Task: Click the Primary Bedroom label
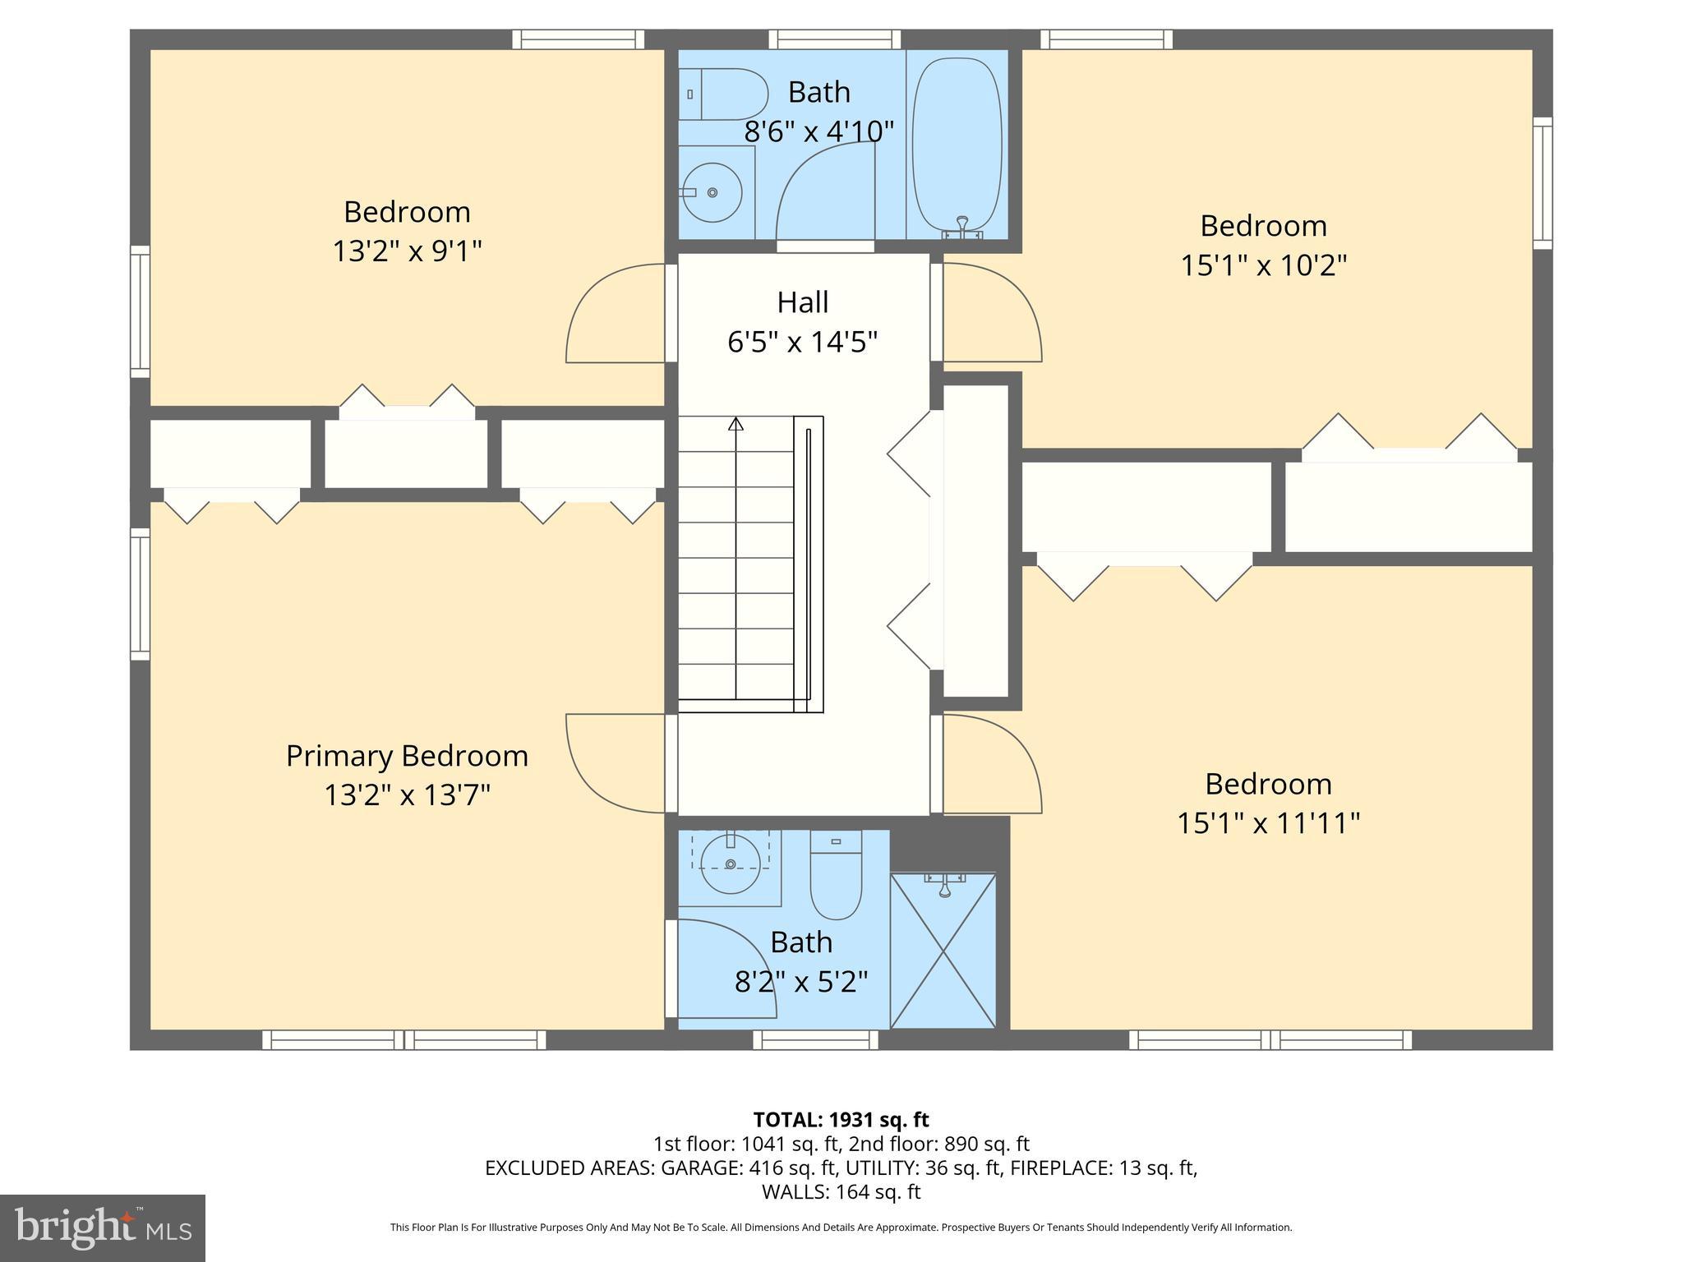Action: click(407, 756)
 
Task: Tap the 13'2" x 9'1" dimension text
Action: click(407, 251)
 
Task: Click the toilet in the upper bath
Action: click(723, 94)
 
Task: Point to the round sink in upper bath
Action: click(712, 192)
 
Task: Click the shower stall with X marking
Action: click(943, 951)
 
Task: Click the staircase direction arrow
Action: click(735, 425)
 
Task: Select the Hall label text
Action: click(803, 302)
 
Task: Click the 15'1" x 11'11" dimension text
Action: click(1268, 822)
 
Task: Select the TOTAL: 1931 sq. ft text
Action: click(841, 1120)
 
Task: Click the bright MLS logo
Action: click(103, 1227)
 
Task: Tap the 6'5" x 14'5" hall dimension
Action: click(803, 341)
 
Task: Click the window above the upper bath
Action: click(834, 39)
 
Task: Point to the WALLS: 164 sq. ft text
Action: click(841, 1191)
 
